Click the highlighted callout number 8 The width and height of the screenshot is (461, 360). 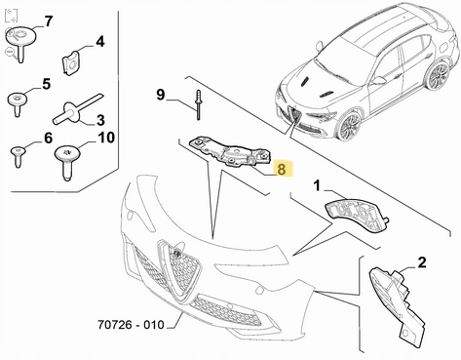click(x=281, y=169)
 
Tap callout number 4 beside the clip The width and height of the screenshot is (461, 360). click(x=99, y=43)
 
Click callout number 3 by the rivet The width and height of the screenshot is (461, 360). click(x=99, y=120)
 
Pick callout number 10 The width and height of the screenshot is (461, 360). click(x=105, y=138)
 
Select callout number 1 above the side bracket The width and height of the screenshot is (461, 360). click(x=317, y=184)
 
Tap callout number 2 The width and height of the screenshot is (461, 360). click(x=422, y=261)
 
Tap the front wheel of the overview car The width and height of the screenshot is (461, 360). click(x=347, y=129)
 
